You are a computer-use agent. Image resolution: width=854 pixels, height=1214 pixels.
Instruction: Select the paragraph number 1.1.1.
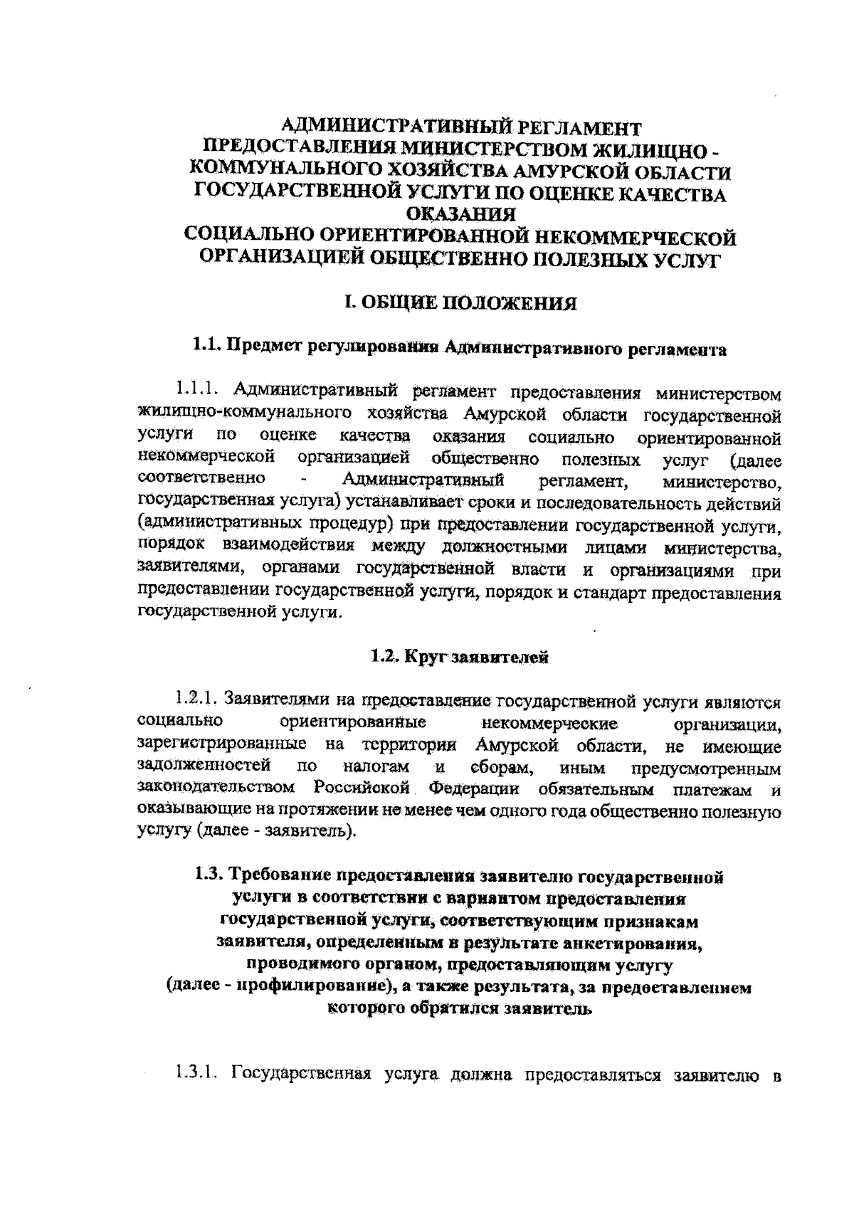201,391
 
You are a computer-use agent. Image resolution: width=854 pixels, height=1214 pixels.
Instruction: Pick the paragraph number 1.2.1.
201,702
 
